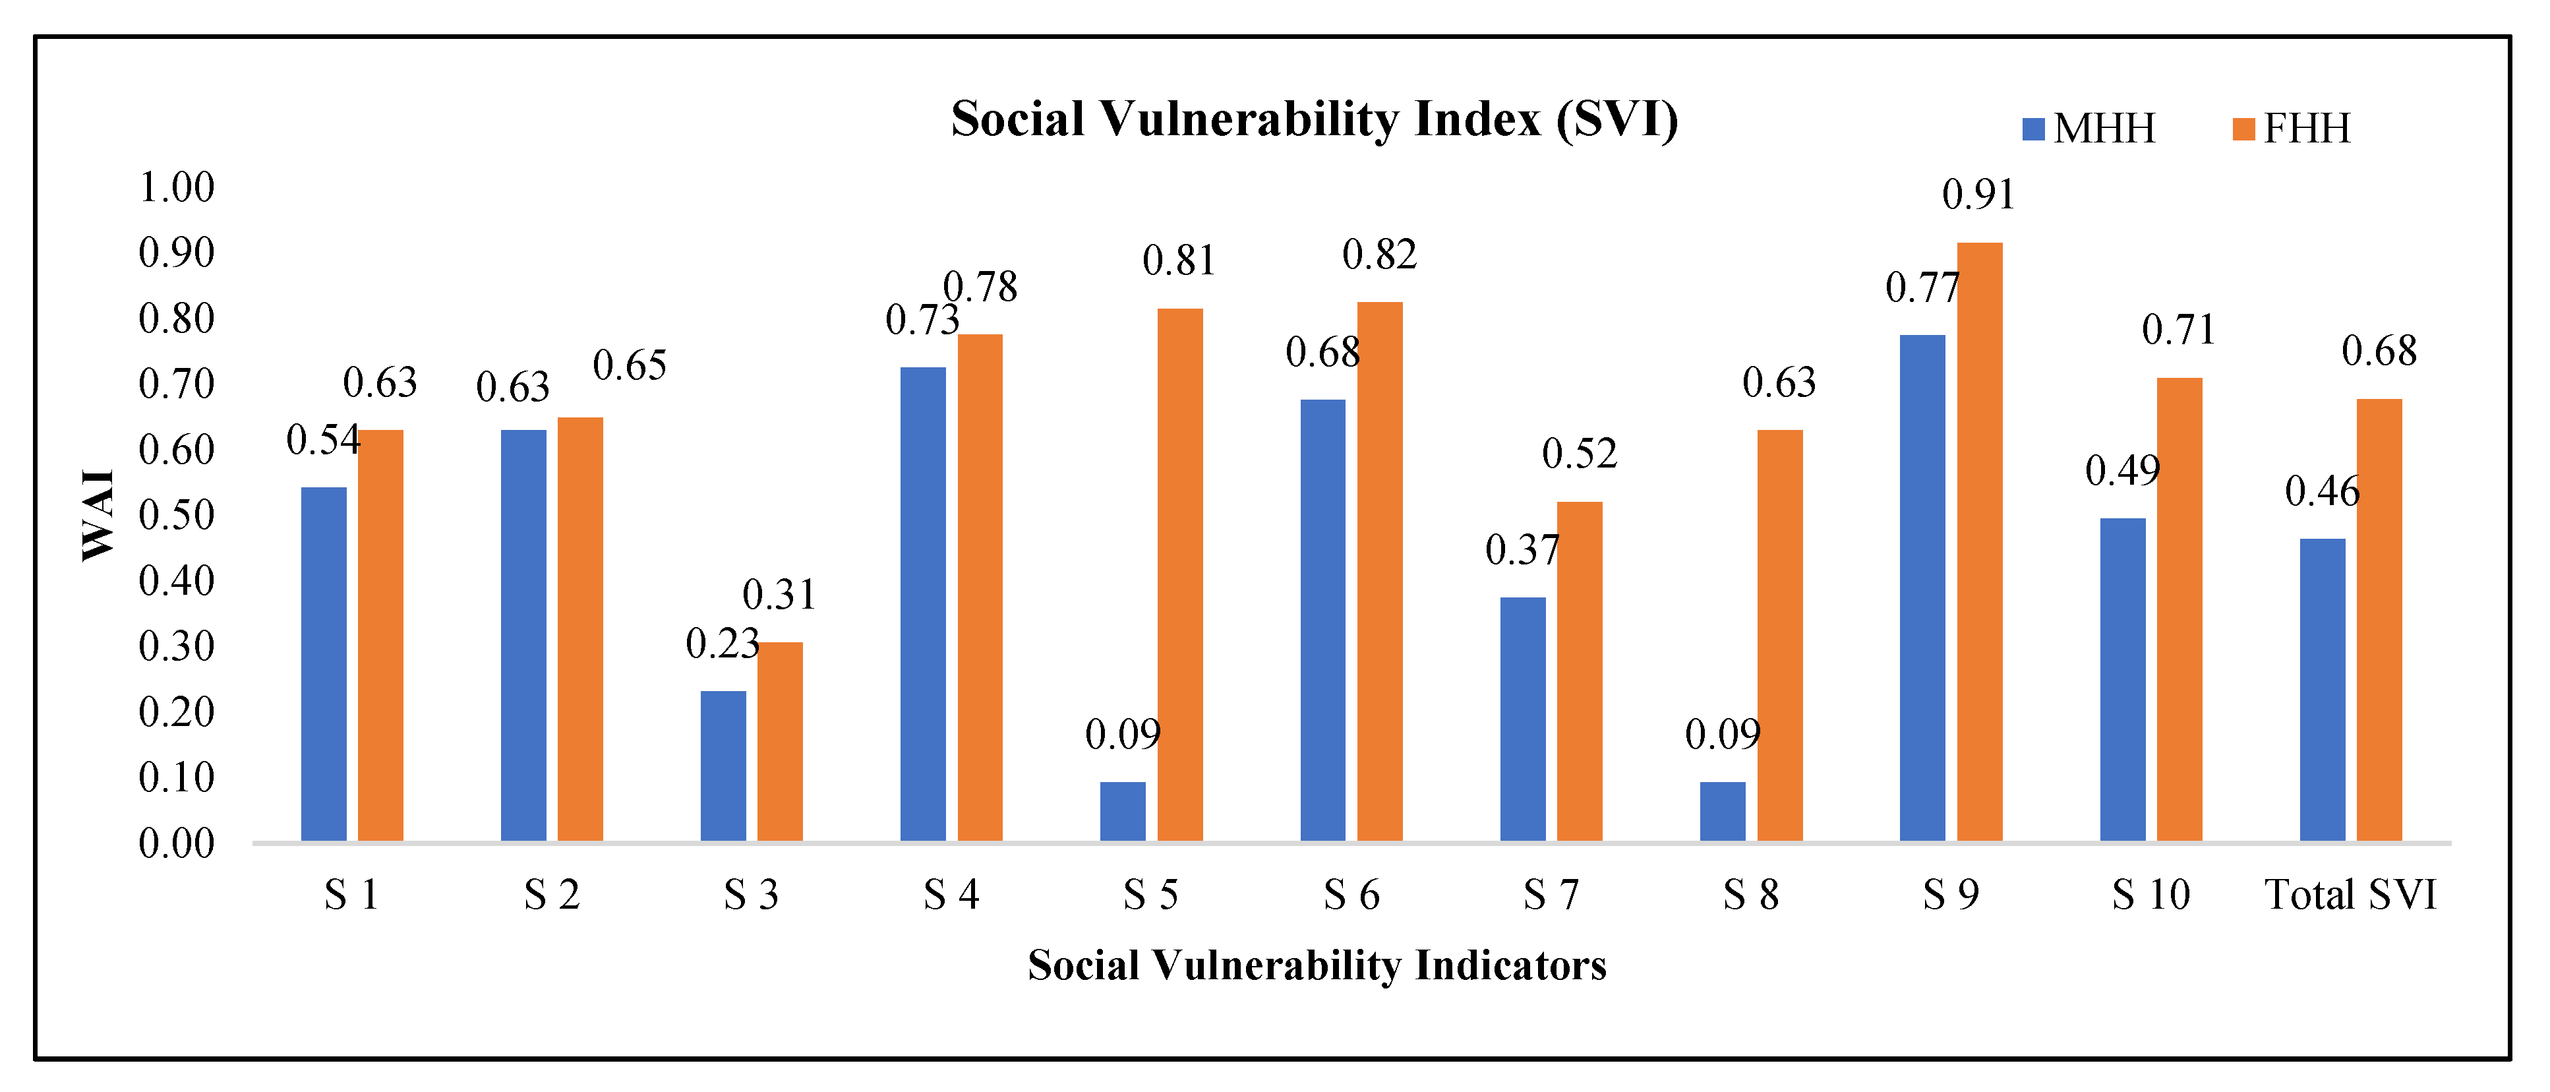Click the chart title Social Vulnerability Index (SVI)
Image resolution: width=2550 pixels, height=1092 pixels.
(1314, 120)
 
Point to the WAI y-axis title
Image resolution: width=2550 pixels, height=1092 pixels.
(98, 516)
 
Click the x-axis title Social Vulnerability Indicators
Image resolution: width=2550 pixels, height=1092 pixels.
(1317, 966)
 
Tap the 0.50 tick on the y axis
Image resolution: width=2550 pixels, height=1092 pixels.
(176, 516)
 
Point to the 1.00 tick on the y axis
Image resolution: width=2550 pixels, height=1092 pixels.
(176, 188)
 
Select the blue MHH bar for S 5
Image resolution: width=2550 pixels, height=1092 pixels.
(1123, 812)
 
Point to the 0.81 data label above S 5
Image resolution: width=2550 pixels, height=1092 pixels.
(1178, 261)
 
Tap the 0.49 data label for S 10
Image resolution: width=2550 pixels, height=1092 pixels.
(2121, 471)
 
